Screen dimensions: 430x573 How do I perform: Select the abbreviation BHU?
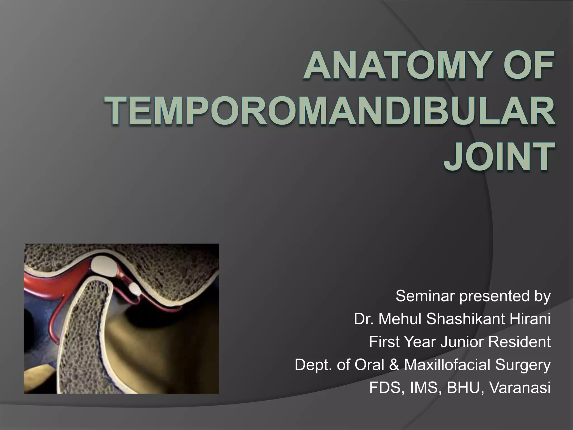click(463, 388)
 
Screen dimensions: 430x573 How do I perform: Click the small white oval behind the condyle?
click(135, 289)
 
